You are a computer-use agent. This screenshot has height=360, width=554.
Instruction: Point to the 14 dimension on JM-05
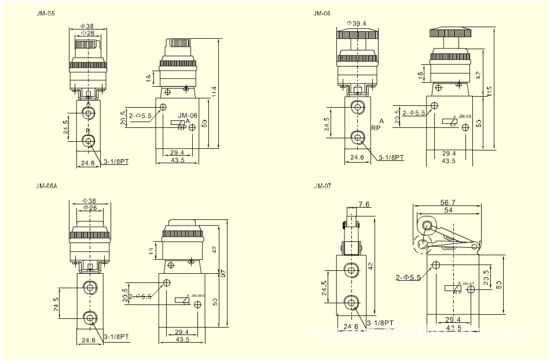click(x=148, y=77)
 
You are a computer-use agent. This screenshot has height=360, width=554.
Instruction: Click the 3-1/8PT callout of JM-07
click(x=381, y=323)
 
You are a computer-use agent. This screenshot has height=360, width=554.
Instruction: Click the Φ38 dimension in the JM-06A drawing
click(x=89, y=201)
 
